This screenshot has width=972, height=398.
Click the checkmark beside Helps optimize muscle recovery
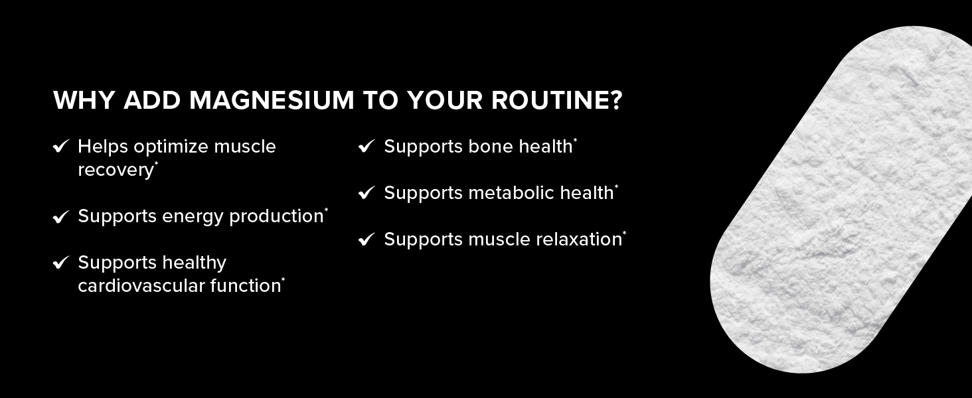coord(61,147)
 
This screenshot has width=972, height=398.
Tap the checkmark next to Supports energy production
coord(61,217)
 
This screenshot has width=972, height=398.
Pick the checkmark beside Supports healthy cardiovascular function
coord(61,263)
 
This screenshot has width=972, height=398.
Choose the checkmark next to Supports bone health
coord(366,147)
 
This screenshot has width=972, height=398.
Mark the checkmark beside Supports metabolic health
coord(366,193)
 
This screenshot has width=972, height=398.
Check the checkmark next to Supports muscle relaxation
coord(366,239)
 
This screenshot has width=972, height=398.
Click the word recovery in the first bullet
coord(115,170)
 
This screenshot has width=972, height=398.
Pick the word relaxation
coord(582,239)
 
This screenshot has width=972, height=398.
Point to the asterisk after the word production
coord(326,210)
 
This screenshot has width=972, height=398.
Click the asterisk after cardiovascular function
coord(283,280)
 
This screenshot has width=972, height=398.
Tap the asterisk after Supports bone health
coord(575,141)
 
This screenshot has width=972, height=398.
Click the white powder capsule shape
coord(840,199)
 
